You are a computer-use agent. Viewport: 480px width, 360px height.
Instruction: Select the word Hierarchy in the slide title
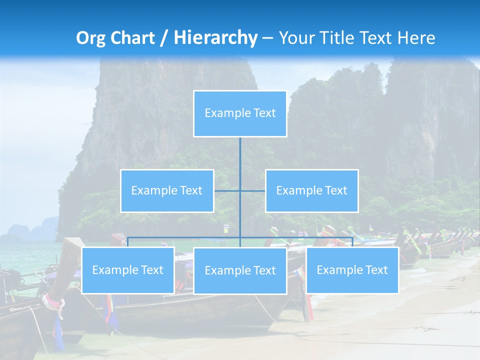(215, 38)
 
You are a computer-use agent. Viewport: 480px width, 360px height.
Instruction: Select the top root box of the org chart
(240, 113)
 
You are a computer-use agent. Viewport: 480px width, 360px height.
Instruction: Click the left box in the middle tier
(167, 190)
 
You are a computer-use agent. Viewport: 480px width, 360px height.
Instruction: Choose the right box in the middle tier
(311, 190)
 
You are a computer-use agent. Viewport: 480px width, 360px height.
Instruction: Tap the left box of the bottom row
(128, 270)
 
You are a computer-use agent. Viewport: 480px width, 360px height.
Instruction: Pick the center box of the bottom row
(240, 270)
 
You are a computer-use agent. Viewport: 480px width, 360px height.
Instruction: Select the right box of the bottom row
(352, 270)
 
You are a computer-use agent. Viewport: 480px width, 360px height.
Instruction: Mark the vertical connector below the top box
(240, 160)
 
